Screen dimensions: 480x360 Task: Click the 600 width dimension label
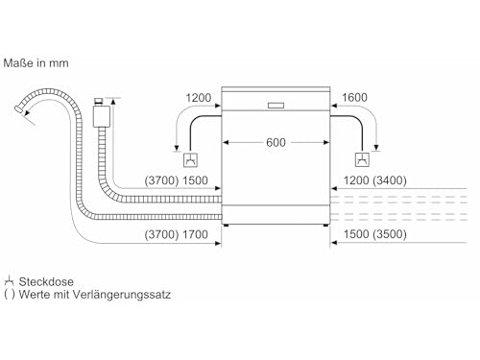[x=276, y=142]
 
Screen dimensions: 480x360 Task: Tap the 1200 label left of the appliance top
[x=199, y=98]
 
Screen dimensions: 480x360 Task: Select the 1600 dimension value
[x=354, y=97]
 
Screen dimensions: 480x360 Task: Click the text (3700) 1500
[x=176, y=180]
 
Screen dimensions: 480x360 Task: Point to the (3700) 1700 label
[x=176, y=234]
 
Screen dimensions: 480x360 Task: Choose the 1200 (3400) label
[x=375, y=180]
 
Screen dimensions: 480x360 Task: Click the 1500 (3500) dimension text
[x=375, y=234]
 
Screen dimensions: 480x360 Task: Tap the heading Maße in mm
[x=36, y=63]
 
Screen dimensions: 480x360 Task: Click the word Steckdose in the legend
[x=46, y=281]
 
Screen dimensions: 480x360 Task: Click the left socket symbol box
[x=190, y=160]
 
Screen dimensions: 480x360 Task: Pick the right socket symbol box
[x=362, y=159]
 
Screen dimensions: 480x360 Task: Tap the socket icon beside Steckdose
[x=9, y=281]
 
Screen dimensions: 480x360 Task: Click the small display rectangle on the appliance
[x=276, y=106]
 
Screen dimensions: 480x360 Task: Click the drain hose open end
[x=18, y=108]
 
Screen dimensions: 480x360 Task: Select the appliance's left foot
[x=227, y=226]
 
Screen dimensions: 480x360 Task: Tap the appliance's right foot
[x=325, y=226]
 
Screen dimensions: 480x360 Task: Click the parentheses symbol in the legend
[x=10, y=295]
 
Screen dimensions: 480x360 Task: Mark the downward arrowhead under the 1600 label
[x=376, y=148]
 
